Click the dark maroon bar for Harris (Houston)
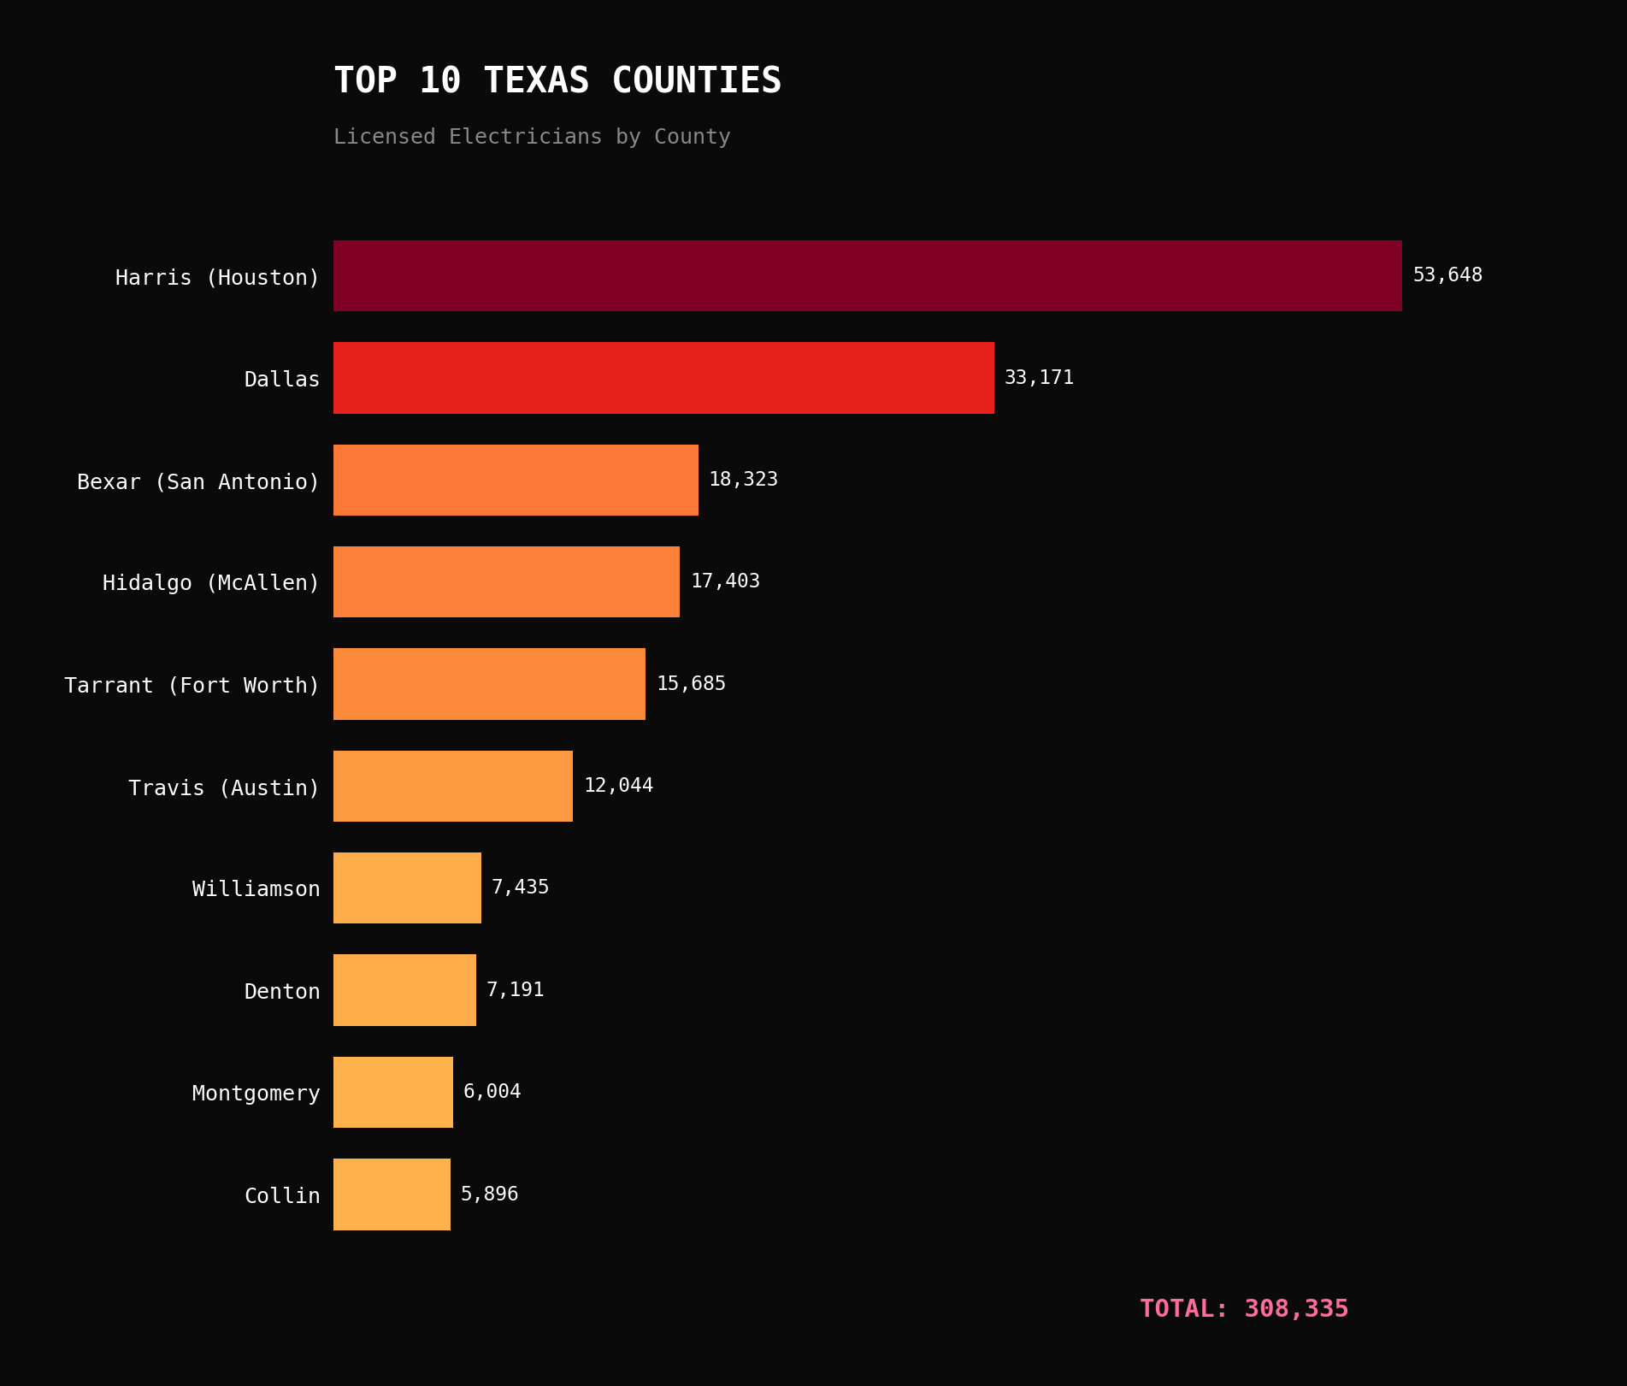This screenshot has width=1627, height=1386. click(x=867, y=275)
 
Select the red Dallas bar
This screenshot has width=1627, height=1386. click(x=663, y=378)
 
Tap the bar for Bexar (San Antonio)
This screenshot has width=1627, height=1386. click(x=516, y=480)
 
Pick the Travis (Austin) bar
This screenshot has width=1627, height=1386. click(x=452, y=786)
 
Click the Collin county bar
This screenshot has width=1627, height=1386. click(x=392, y=1194)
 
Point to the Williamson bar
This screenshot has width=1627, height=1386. click(x=407, y=888)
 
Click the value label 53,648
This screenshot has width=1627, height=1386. click(x=1447, y=275)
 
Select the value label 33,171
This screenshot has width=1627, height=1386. click(x=1039, y=378)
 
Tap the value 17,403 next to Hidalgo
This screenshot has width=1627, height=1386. click(x=725, y=581)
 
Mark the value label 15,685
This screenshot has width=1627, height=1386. click(x=691, y=684)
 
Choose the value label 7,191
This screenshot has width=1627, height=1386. click(x=515, y=990)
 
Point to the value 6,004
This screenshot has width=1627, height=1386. click(x=492, y=1092)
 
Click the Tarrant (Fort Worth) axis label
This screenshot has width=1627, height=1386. click(x=192, y=686)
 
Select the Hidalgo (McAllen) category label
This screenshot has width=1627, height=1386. click(x=210, y=583)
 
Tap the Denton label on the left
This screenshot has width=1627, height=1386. click(x=281, y=992)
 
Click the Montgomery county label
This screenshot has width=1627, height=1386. click(x=256, y=1094)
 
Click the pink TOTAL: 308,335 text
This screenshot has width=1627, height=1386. click(x=1244, y=1309)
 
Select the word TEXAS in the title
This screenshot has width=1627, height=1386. click(x=536, y=81)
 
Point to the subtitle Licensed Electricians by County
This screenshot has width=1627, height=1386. click(x=532, y=137)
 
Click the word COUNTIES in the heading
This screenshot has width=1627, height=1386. click(x=696, y=81)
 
